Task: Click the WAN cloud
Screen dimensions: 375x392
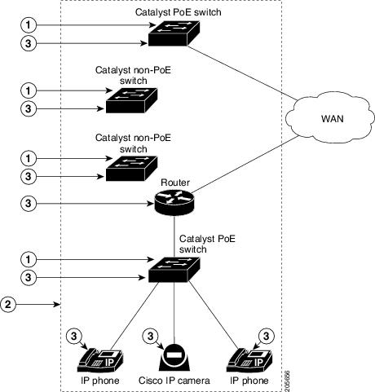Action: pos(330,118)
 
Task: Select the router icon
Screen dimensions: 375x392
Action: pos(174,202)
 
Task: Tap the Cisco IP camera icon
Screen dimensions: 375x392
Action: pos(174,358)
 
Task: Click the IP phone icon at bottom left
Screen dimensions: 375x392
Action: pos(100,360)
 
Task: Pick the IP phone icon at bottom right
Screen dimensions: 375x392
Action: pos(249,360)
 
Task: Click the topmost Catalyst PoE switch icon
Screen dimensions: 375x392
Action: pos(174,33)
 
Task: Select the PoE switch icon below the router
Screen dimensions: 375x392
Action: pos(174,270)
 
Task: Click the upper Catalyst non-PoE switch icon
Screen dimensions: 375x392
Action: pos(131,100)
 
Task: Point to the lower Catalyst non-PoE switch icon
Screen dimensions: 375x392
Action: pos(131,169)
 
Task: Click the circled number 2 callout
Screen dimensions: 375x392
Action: pos(8,304)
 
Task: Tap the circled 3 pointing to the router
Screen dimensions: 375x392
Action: pos(29,203)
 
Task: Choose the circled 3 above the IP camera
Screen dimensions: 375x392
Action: pos(150,337)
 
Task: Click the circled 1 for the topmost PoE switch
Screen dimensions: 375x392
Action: pos(29,25)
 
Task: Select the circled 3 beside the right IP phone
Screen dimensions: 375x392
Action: pos(266,337)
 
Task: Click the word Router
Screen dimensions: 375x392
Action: pos(175,183)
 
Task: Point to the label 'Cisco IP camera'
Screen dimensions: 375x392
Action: pos(174,381)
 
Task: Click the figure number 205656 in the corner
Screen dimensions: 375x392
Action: pos(287,381)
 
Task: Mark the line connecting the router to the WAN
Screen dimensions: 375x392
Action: pos(245,165)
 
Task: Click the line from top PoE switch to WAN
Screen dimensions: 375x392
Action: pos(241,73)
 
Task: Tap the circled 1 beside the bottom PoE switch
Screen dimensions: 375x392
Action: pos(29,259)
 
